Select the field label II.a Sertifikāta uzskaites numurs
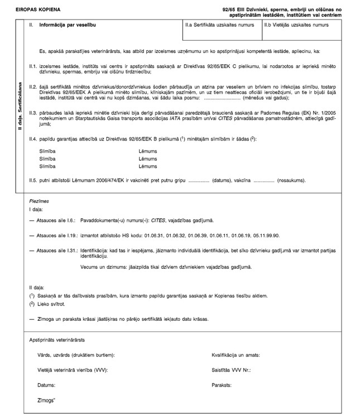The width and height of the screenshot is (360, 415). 215,26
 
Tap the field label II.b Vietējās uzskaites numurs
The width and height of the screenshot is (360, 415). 296,26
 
